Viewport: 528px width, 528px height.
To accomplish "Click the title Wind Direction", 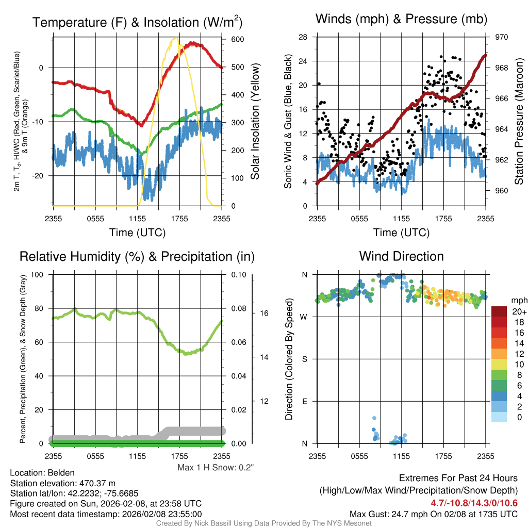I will coord(401,256).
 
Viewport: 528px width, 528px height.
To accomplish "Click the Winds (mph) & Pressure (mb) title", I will coord(401,20).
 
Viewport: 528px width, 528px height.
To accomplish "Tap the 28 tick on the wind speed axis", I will coord(303,37).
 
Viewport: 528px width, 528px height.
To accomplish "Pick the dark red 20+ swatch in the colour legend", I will coord(500,311).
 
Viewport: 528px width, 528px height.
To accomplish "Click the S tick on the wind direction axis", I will coord(305,359).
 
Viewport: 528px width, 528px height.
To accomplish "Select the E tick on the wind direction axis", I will coord(305,401).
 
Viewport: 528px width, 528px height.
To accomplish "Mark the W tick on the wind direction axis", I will coord(304,317).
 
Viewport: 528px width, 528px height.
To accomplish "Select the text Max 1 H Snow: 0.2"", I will coord(216,468).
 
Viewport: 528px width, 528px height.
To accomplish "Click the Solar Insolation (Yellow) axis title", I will coord(255,122).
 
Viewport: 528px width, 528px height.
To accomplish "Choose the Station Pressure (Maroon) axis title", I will coord(519,122).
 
